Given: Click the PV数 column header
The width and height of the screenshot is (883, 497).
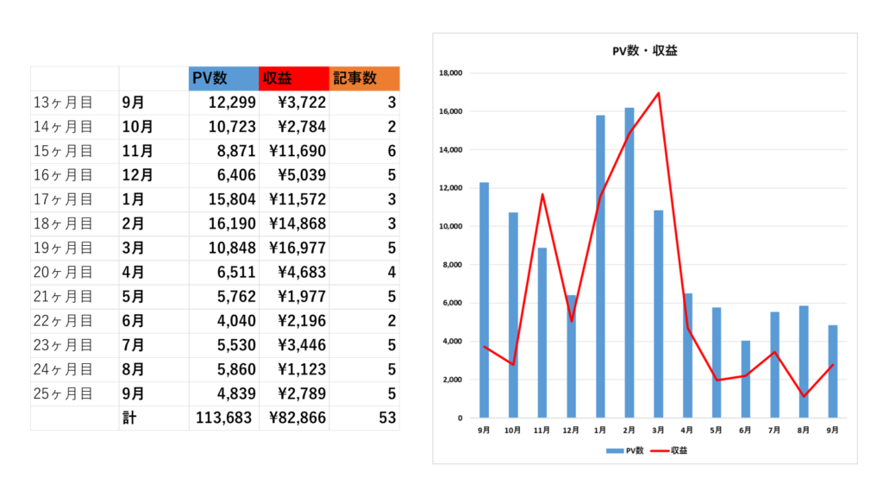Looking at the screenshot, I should pos(223,79).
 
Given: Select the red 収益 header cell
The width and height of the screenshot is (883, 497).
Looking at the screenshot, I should pos(294,79).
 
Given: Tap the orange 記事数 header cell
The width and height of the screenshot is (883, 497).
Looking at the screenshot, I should pos(365,79).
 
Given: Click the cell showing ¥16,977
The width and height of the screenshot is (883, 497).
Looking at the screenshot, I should pos(296,248).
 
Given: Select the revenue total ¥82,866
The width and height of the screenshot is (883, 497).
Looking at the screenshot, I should pos(296,418).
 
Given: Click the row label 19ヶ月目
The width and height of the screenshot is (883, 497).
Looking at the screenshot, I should pos(62,248).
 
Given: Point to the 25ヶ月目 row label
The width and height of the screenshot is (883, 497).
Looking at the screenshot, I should pos(62,393).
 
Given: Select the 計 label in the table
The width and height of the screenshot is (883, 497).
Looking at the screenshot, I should pos(129,418).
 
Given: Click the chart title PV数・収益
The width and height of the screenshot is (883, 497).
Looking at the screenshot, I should pos(644,51).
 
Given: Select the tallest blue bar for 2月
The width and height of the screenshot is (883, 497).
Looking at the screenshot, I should pos(629,259).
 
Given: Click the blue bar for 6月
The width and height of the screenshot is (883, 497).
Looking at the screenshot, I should pos(746,380).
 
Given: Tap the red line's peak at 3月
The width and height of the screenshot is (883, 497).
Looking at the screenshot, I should pos(659,93).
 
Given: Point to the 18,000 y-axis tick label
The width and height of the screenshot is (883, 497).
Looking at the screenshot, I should pos(451,73).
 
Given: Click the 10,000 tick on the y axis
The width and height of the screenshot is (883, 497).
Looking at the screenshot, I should pos(451,227).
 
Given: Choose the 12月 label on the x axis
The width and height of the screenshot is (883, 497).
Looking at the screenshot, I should pos(571,429).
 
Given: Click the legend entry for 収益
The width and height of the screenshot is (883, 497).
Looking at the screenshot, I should pos(667,450).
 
